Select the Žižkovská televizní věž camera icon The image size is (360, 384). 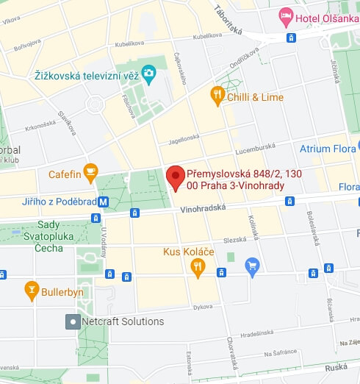pos(149,73)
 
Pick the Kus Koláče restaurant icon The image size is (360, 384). pos(197,268)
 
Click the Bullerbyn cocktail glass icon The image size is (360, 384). pos(31,291)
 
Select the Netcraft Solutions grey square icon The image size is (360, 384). pos(73,321)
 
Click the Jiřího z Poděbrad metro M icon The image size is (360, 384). pos(104,202)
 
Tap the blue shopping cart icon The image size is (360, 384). pos(253,265)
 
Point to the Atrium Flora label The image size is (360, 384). pos(327,149)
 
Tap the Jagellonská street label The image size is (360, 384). pos(183,136)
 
